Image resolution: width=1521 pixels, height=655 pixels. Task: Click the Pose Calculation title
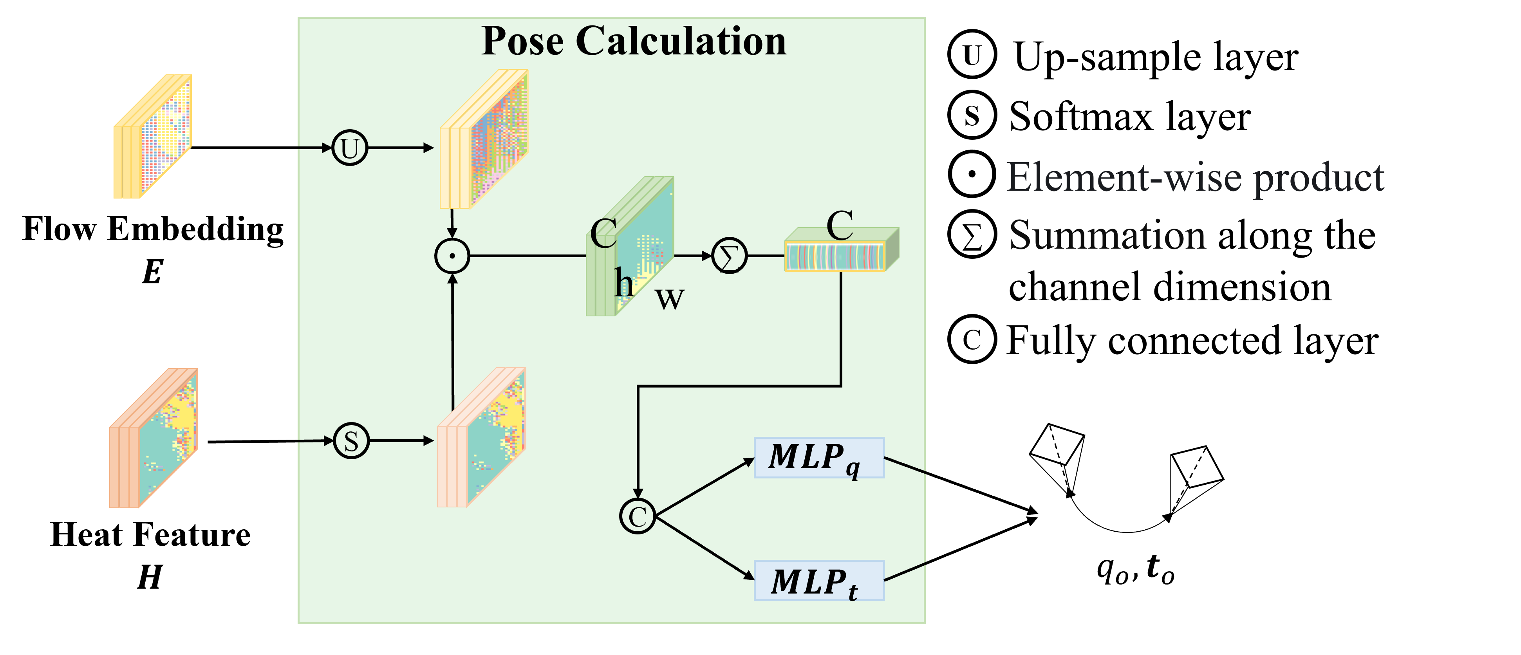click(x=634, y=42)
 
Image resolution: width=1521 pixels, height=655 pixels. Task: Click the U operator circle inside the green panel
click(x=350, y=148)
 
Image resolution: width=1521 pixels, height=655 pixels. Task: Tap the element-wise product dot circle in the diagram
click(x=452, y=256)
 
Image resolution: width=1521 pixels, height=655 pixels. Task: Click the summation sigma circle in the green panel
click(x=729, y=256)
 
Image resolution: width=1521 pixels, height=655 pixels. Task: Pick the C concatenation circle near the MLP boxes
click(x=638, y=516)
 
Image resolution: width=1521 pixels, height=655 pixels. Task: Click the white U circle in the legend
click(x=972, y=54)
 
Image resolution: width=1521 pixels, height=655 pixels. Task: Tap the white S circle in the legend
click(x=972, y=115)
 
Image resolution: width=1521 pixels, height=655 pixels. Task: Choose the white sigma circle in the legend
click(x=972, y=234)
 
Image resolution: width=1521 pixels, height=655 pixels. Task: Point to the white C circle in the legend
click(x=972, y=339)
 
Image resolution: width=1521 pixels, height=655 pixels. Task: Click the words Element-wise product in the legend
click(x=1195, y=177)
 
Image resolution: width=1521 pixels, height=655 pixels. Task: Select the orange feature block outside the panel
click(x=154, y=438)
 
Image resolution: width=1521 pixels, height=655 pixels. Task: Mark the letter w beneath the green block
click(x=670, y=299)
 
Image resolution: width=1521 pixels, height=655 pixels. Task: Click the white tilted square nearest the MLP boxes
click(x=1056, y=444)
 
